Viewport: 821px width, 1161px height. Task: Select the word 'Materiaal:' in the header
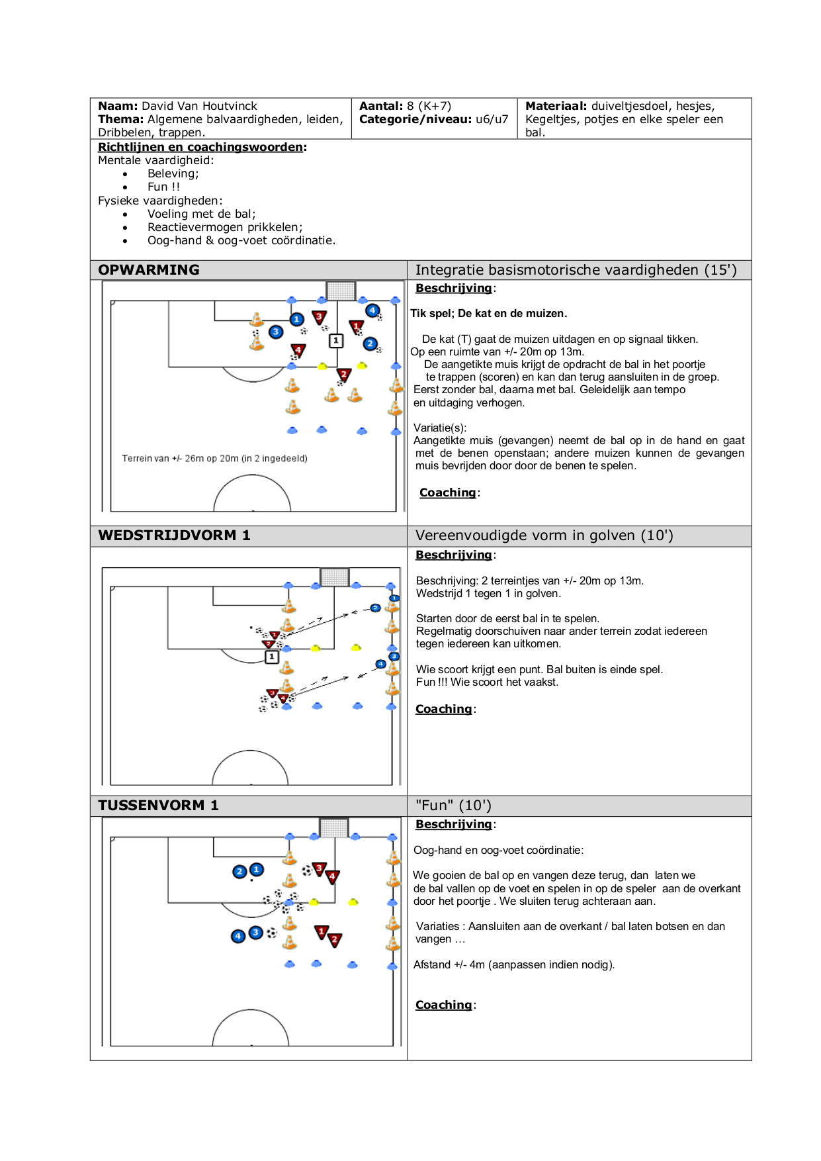point(556,106)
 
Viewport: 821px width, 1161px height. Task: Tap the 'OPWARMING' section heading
point(149,270)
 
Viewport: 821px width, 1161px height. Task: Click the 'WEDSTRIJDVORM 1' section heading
point(174,535)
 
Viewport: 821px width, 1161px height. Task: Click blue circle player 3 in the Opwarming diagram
point(276,332)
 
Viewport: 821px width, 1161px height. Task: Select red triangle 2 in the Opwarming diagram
point(343,375)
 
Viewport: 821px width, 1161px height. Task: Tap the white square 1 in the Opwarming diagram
point(336,340)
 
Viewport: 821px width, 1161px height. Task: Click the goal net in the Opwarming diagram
point(341,291)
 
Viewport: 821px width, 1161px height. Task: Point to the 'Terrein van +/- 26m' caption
point(214,458)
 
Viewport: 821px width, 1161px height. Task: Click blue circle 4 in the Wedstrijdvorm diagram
point(380,664)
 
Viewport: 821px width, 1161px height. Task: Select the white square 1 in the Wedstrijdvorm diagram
point(271,657)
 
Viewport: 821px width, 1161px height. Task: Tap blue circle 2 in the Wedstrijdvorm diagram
point(375,608)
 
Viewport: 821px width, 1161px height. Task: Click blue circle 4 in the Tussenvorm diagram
point(238,936)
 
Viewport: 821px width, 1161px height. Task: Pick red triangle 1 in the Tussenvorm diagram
point(322,932)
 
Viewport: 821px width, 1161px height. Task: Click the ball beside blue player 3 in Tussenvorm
point(272,933)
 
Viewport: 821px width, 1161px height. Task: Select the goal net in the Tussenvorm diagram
point(334,827)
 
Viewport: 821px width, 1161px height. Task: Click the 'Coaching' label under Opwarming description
point(448,492)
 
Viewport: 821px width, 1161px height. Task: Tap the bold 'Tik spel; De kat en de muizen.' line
point(489,314)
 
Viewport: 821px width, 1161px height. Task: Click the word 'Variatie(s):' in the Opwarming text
point(440,428)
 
